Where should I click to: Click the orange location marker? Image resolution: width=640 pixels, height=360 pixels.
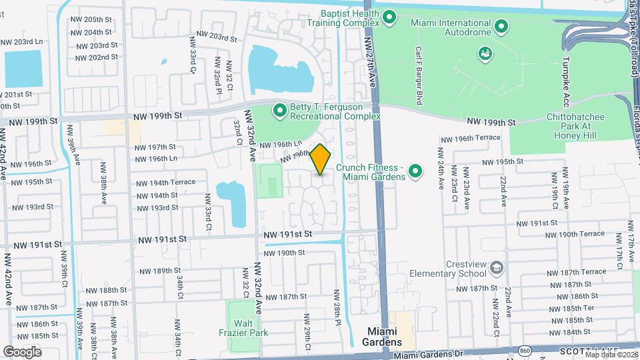(320, 159)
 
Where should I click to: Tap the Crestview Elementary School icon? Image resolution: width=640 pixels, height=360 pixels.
(496, 268)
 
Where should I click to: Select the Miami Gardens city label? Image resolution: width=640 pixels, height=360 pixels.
(386, 337)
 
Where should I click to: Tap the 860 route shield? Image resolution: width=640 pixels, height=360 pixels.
(525, 351)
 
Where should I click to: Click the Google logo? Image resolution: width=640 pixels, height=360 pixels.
(22, 351)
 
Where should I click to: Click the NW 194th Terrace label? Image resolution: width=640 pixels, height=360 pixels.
(163, 182)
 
